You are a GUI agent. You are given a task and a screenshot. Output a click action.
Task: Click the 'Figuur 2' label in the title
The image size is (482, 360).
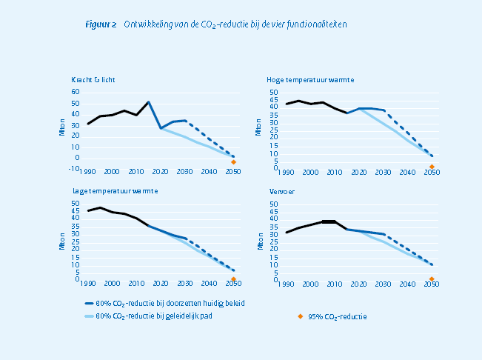(x=101, y=24)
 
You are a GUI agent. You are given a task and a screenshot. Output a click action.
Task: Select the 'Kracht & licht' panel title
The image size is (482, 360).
(x=93, y=79)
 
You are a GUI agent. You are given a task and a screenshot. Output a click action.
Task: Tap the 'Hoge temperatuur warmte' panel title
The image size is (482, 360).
(x=310, y=79)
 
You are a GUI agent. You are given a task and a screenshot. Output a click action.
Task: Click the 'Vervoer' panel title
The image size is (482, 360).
(x=280, y=191)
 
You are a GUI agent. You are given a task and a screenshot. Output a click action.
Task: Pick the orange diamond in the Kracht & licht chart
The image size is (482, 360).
(x=233, y=161)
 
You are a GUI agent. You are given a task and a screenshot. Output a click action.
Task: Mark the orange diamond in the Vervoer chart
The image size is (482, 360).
(x=431, y=279)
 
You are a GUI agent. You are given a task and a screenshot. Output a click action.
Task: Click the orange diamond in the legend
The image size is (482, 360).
(x=300, y=316)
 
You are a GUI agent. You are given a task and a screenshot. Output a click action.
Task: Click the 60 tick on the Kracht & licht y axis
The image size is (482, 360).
(x=76, y=92)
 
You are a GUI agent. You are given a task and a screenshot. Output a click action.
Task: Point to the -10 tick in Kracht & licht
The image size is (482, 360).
(x=74, y=168)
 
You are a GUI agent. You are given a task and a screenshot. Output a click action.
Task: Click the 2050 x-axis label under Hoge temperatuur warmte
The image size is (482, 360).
(x=431, y=172)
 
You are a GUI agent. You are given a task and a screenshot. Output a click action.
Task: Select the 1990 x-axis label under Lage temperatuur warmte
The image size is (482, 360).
(x=89, y=283)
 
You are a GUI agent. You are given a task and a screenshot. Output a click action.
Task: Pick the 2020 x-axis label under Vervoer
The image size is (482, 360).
(x=358, y=283)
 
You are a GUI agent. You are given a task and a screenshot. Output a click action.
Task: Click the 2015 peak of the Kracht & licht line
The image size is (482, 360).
(x=149, y=102)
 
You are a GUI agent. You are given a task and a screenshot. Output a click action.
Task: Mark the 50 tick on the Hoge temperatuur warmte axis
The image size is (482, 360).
(x=274, y=92)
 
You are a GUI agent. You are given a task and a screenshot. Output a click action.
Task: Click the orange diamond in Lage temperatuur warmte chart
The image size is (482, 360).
(x=233, y=279)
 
